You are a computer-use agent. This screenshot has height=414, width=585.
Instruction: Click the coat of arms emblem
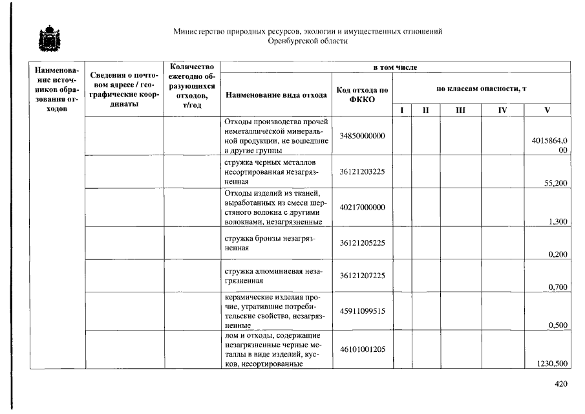(48, 39)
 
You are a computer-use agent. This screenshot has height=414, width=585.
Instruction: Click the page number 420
(560, 384)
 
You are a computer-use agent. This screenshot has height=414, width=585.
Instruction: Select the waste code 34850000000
(362, 135)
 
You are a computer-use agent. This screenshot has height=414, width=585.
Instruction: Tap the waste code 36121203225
(362, 173)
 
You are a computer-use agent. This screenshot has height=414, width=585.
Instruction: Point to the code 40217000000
(362, 207)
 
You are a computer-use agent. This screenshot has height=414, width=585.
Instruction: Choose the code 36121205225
(362, 243)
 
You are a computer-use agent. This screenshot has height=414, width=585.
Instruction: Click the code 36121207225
(362, 276)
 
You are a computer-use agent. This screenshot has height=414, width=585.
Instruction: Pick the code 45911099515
(362, 310)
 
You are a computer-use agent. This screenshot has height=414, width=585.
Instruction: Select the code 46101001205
(362, 349)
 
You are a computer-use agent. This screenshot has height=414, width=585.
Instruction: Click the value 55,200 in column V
(557, 183)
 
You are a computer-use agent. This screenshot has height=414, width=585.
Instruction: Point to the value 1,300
(558, 222)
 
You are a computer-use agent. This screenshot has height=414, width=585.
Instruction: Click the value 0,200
(558, 254)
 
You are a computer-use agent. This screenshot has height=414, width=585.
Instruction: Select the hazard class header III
(460, 111)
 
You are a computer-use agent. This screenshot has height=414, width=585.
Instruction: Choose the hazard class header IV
(502, 111)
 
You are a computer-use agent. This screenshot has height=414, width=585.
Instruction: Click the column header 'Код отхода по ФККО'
(362, 94)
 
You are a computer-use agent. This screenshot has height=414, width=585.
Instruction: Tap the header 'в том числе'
(395, 67)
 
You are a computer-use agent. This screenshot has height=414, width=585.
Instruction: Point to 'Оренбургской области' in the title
(308, 41)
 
